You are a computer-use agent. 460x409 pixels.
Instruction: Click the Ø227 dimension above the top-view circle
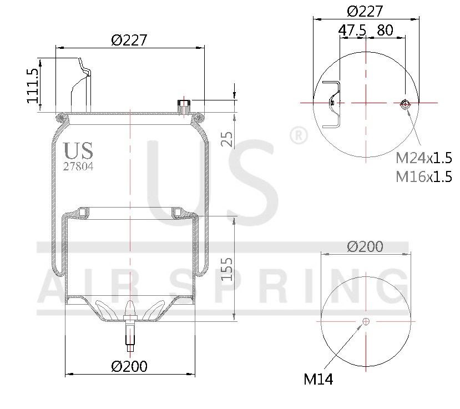(366, 11)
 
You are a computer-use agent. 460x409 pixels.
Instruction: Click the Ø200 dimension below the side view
(129, 366)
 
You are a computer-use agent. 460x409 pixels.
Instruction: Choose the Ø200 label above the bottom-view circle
(365, 246)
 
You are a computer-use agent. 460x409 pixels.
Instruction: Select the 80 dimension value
(385, 31)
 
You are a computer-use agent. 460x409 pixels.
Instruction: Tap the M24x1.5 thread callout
(423, 158)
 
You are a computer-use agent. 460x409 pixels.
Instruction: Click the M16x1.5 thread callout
(423, 177)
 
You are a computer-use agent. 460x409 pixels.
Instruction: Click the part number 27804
(78, 165)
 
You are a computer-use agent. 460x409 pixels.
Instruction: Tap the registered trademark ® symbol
(299, 136)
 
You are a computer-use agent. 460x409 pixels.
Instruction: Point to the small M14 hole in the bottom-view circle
(365, 321)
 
